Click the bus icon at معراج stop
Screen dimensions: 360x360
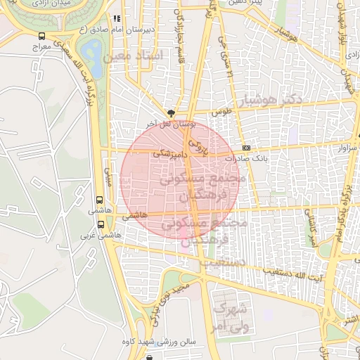point(42,35)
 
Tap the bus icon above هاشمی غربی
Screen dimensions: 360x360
point(101,225)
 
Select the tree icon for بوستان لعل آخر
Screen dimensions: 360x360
point(171,112)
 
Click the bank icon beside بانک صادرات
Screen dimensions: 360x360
point(245,148)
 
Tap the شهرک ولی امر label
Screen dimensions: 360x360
point(231,316)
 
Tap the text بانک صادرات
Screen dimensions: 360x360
point(265,159)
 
